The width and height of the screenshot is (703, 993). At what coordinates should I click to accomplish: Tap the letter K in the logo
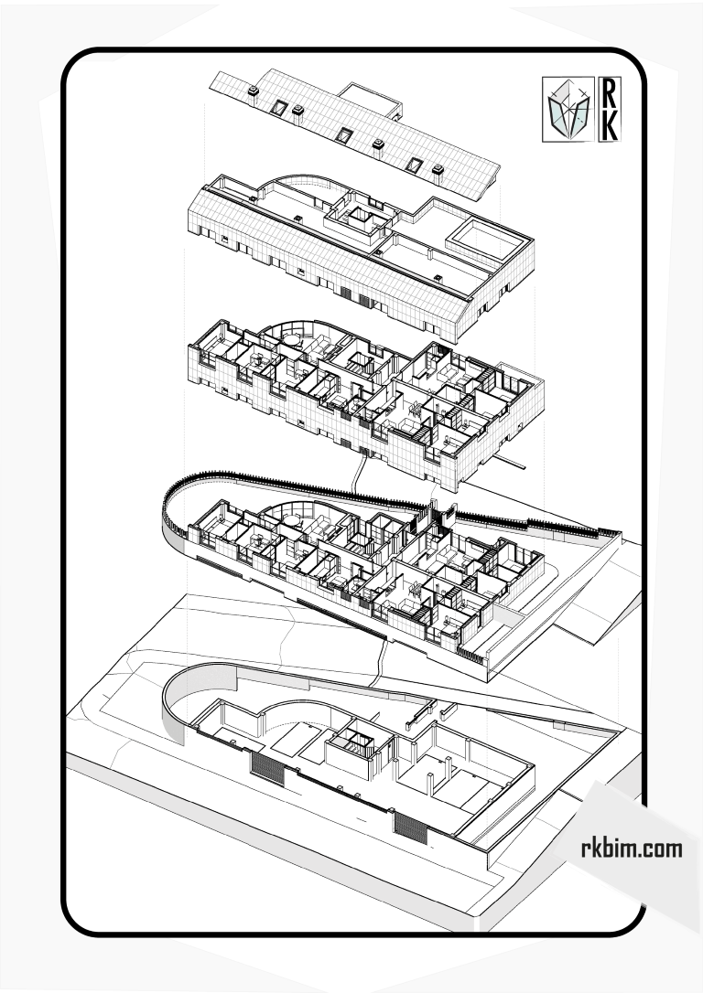[609, 125]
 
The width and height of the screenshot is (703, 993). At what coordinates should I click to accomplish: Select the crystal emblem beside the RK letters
[568, 110]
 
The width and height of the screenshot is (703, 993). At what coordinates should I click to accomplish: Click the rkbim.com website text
[632, 848]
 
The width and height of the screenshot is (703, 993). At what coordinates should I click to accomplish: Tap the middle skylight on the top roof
[344, 135]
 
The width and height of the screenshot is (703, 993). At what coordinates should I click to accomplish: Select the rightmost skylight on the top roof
[415, 165]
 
